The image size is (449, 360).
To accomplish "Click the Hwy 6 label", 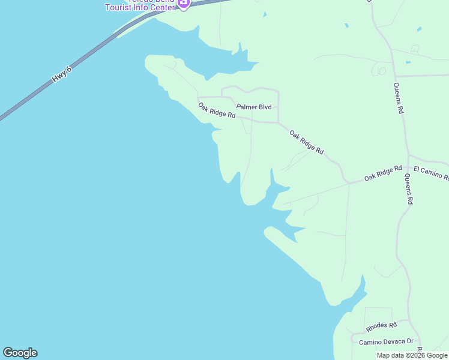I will [62, 74].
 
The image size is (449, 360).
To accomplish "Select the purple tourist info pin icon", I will [184, 3].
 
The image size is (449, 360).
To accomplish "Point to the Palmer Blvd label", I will [254, 107].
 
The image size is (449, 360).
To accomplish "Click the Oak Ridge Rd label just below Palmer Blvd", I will [217, 110].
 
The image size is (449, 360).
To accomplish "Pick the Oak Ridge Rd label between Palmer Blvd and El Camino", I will [307, 143].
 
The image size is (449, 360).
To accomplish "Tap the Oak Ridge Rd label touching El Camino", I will [383, 173].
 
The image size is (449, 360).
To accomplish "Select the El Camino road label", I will [431, 175].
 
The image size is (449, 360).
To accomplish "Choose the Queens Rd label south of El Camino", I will [408, 190].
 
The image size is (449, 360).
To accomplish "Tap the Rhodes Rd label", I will [382, 327].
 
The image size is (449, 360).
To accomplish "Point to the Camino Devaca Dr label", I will [387, 342].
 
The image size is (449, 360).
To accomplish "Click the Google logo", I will [20, 353].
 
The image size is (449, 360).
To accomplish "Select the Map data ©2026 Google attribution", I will [412, 355].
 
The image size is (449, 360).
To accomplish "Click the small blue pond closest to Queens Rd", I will [408, 62].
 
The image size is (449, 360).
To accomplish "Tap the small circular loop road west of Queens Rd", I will [380, 71].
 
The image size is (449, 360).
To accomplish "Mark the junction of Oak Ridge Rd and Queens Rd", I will [408, 167].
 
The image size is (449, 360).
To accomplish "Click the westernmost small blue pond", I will [346, 25].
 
